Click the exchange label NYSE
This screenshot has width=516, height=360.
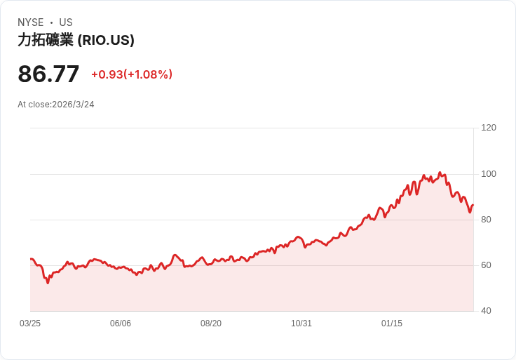(31, 22)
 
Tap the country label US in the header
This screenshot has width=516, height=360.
(66, 22)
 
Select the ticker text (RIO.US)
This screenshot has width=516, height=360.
(106, 40)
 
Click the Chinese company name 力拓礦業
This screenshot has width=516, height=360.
(46, 40)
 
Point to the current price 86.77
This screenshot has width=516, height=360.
(48, 74)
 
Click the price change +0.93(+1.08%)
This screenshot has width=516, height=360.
(132, 74)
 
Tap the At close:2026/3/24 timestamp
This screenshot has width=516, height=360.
(56, 105)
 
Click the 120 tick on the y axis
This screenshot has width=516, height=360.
(489, 128)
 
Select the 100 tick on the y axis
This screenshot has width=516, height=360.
(489, 174)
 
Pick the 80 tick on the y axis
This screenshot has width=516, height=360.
(486, 220)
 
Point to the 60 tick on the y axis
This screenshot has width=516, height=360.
(486, 265)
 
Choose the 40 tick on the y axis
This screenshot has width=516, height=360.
(486, 311)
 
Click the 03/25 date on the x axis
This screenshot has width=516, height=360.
(30, 324)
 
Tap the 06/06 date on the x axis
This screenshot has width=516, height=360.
(121, 324)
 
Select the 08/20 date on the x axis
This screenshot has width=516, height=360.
(211, 324)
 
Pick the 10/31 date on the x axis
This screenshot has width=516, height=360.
(301, 324)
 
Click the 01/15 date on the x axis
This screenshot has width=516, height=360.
(392, 324)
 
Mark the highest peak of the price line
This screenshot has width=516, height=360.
(440, 172)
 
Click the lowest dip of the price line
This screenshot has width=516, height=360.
(48, 283)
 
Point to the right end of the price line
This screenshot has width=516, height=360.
(473, 205)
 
